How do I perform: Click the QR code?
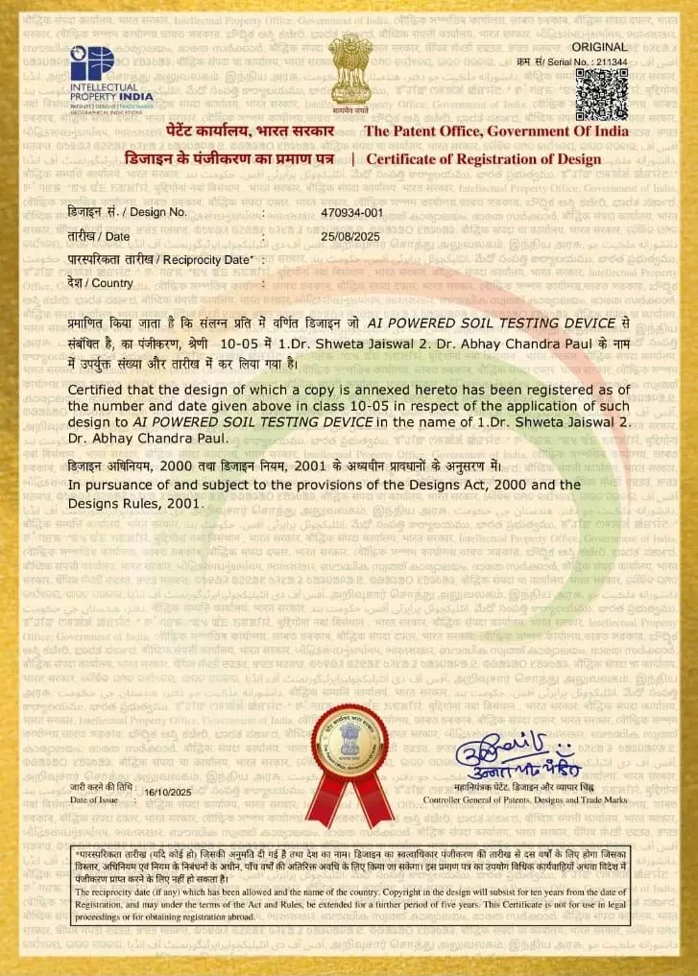601,93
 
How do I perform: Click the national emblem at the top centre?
349,70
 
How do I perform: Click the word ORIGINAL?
599,46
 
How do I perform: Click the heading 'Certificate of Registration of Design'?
484,159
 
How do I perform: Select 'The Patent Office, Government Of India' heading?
496,131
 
